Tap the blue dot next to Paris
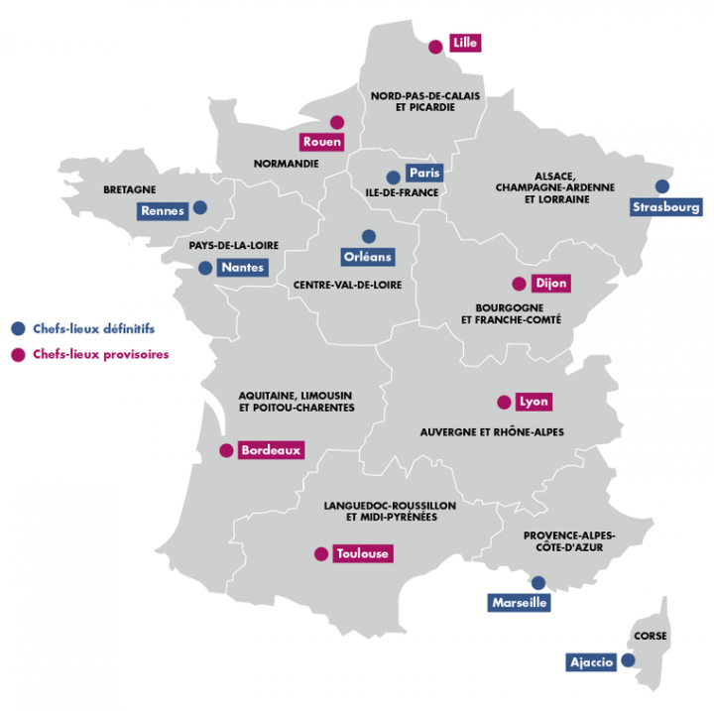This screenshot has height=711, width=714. pyautogui.click(x=393, y=178)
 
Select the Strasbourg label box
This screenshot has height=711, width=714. pyautogui.click(x=666, y=207)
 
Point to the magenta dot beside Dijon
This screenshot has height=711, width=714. pyautogui.click(x=517, y=283)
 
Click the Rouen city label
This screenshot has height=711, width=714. pyautogui.click(x=322, y=142)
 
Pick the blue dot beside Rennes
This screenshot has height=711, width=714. pyautogui.click(x=200, y=208)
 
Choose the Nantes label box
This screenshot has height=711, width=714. pyautogui.click(x=242, y=268)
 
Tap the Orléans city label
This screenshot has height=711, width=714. pyautogui.click(x=368, y=257)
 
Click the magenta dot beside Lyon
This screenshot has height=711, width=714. pyautogui.click(x=502, y=403)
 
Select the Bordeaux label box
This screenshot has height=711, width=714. pyautogui.click(x=271, y=450)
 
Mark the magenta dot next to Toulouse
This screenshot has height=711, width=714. pyautogui.click(x=320, y=554)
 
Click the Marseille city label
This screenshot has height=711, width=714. pyautogui.click(x=520, y=602)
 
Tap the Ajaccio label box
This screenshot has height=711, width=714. pyautogui.click(x=592, y=661)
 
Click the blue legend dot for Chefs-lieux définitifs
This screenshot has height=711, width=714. pyautogui.click(x=16, y=328)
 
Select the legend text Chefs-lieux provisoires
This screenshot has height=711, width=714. pyautogui.click(x=100, y=354)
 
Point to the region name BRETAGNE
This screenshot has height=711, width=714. pyautogui.click(x=130, y=189)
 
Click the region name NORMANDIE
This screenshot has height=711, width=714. pyautogui.click(x=287, y=164)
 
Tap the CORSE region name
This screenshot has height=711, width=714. pyautogui.click(x=650, y=636)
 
